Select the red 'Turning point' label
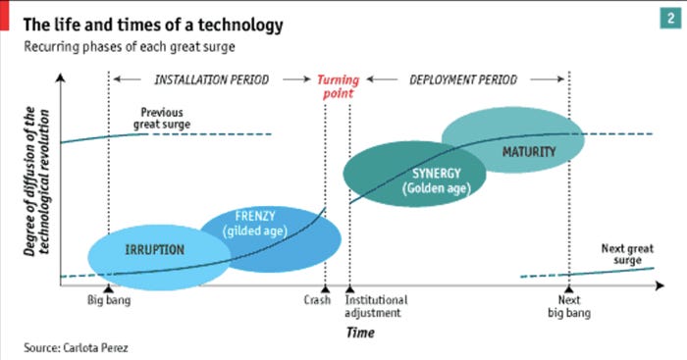point(338,87)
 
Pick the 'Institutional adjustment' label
point(376,307)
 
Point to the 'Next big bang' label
point(568,307)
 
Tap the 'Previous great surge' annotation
point(162,119)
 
